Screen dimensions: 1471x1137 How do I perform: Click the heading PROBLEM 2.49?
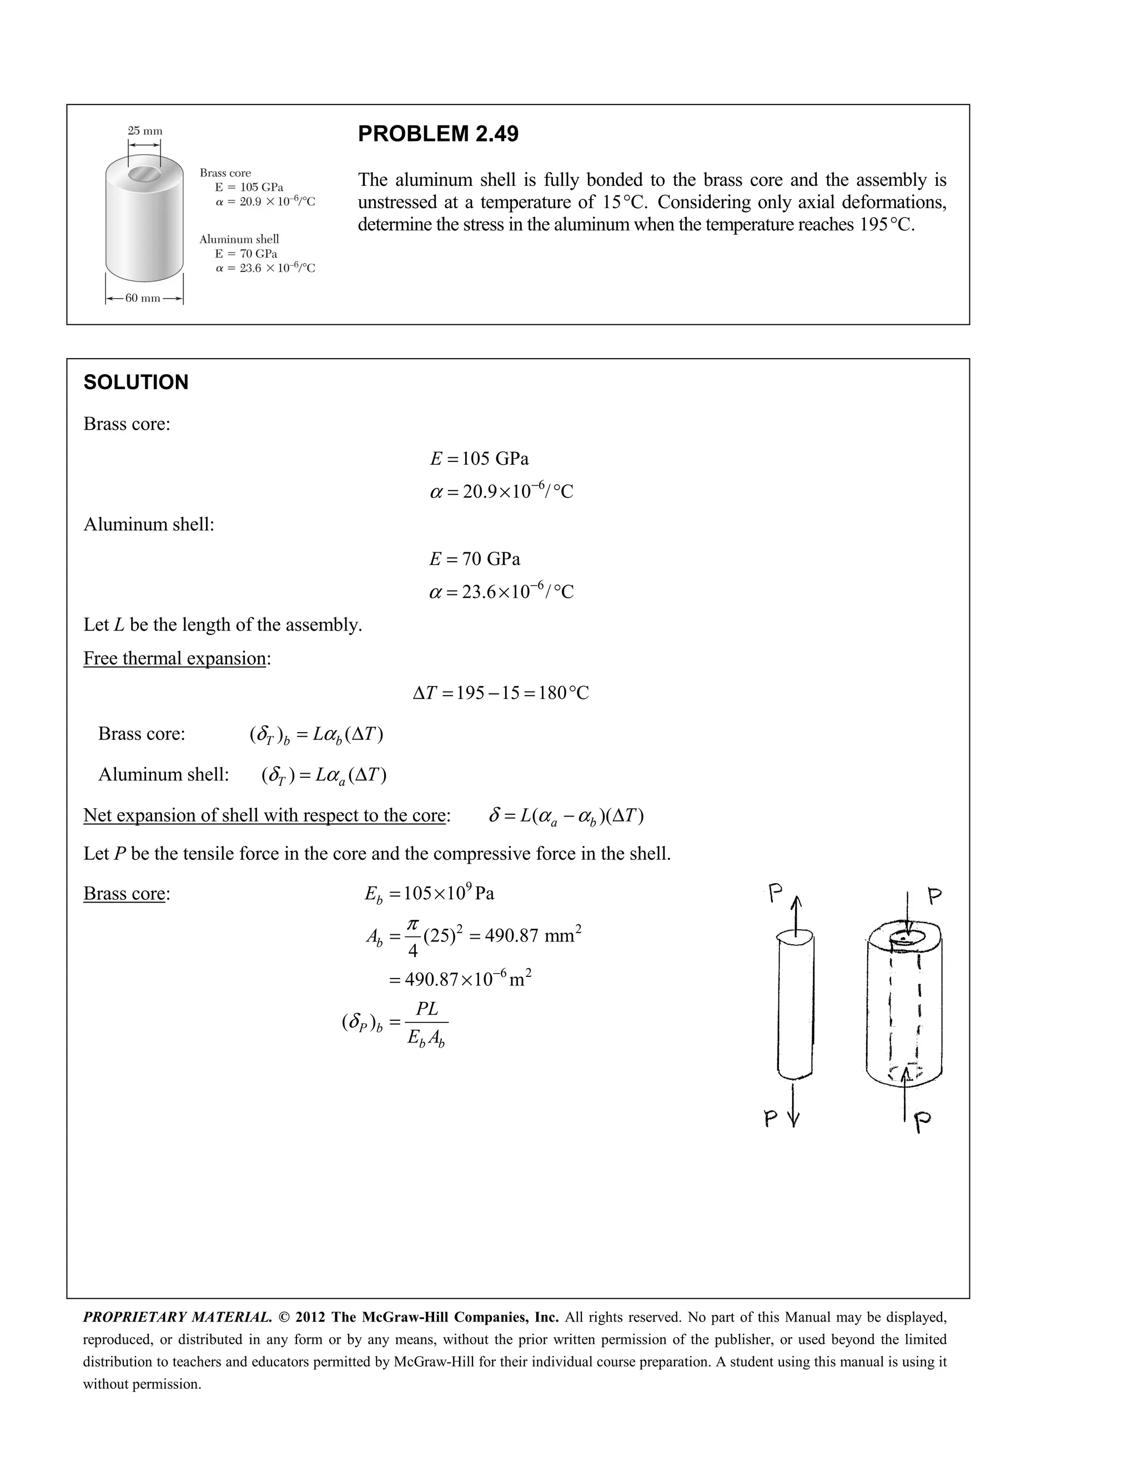click(x=438, y=134)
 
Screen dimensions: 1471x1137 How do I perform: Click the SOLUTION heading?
click(x=135, y=382)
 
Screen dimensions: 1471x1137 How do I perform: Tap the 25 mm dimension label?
click(x=145, y=130)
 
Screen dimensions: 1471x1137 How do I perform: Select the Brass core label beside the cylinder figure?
click(x=225, y=173)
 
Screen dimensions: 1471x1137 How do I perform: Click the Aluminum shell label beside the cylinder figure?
click(x=239, y=239)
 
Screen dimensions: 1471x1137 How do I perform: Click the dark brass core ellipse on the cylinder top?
click(x=144, y=174)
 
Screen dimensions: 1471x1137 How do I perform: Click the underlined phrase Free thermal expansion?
click(x=174, y=658)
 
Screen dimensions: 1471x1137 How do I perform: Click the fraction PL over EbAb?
click(x=426, y=1023)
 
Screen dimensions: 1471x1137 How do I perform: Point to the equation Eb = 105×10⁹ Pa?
click(x=429, y=894)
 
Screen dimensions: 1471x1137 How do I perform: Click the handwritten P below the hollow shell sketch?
click(x=923, y=1121)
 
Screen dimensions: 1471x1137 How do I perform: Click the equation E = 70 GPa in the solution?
click(x=475, y=559)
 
